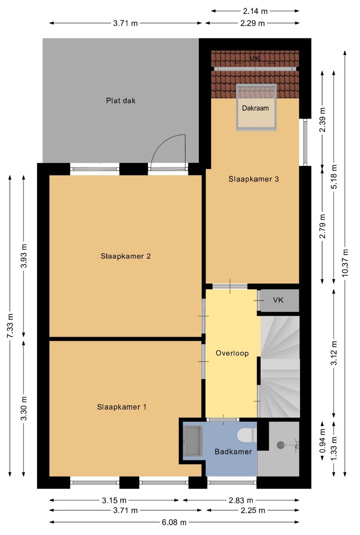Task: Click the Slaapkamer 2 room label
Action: click(x=126, y=256)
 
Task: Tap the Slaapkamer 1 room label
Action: click(x=121, y=407)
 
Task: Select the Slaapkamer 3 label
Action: click(x=254, y=179)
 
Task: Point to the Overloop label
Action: click(x=232, y=353)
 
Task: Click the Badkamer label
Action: click(x=233, y=452)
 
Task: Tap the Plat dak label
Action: click(x=121, y=100)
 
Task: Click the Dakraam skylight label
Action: click(x=255, y=108)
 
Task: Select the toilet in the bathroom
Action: click(x=247, y=435)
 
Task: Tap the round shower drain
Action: click(x=280, y=445)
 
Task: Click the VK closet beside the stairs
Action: click(x=279, y=300)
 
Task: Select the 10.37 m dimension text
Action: click(x=345, y=263)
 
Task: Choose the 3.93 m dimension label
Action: click(x=24, y=256)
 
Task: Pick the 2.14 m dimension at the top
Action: click(x=255, y=11)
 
